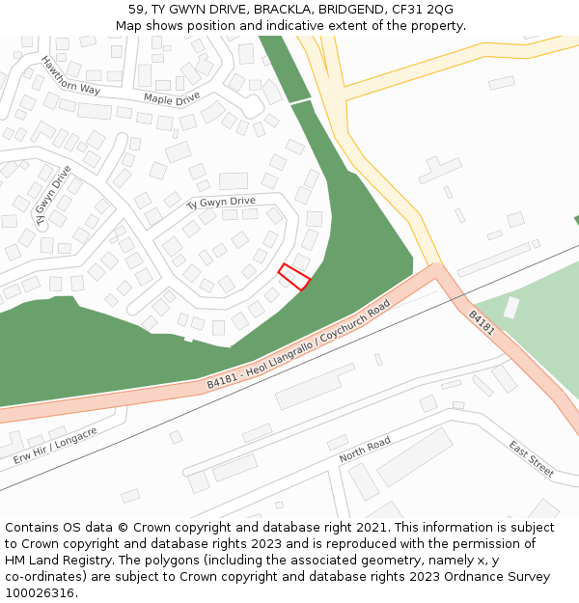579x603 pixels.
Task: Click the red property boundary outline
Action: pos(294,277)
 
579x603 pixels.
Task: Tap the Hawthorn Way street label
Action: pos(70,75)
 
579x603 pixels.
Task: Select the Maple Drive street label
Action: pos(172,97)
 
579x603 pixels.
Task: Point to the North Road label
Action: pos(365,449)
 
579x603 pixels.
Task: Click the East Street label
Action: pos(532,458)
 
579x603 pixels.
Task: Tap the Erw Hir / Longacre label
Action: pos(55,446)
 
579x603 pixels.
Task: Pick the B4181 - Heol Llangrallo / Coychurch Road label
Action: pos(298,344)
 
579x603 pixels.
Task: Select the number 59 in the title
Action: pos(135,10)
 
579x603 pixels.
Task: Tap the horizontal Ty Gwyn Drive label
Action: pos(220,202)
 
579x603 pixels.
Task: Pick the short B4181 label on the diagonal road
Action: pos(482,322)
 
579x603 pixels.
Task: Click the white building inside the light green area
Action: pos(510,308)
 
